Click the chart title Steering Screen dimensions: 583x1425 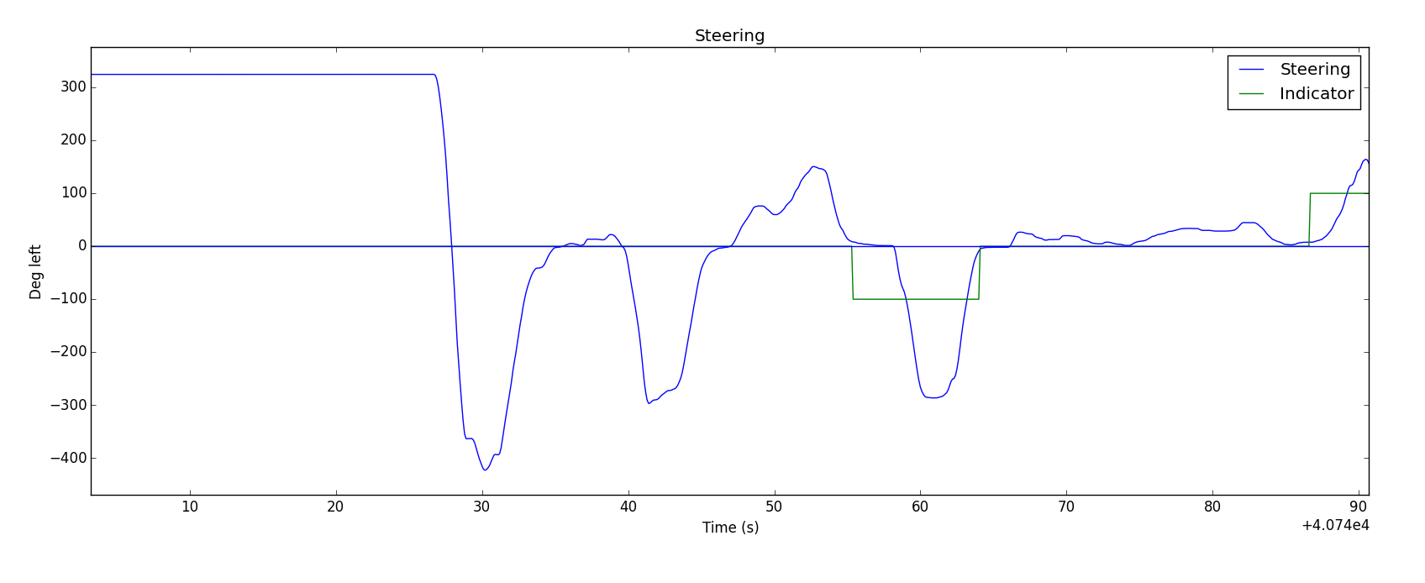tap(729, 36)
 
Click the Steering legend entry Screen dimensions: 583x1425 tap(1315, 70)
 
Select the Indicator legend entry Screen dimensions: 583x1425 tap(1316, 94)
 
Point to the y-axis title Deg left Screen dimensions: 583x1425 tap(36, 271)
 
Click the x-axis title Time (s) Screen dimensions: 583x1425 tap(730, 528)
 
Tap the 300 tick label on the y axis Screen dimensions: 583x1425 tap(73, 87)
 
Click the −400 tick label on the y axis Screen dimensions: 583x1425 tap(68, 459)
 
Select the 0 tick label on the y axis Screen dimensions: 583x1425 tap(82, 246)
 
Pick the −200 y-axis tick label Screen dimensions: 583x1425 tap(68, 353)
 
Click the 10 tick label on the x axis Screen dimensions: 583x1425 tap(190, 507)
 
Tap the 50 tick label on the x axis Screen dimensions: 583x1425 tap(774, 507)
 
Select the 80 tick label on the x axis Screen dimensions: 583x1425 tap(1212, 507)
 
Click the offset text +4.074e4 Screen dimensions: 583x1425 tap(1334, 525)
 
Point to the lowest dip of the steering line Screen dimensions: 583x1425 tap(485, 470)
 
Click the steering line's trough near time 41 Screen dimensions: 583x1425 tap(649, 403)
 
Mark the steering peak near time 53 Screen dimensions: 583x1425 tap(813, 166)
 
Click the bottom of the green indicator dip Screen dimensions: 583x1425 tap(916, 299)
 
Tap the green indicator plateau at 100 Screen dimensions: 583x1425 tap(1339, 193)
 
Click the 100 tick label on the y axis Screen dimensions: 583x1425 tap(73, 193)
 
